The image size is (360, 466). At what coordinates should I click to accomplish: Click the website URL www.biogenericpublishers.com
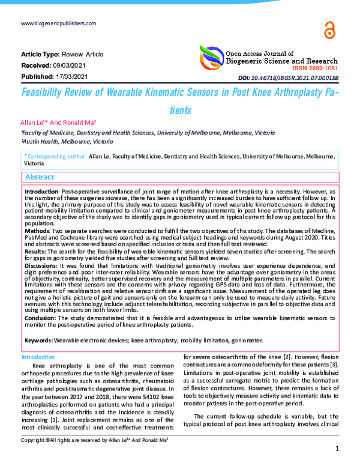click(58, 23)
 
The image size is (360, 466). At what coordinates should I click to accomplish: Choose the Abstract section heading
click(40, 177)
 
